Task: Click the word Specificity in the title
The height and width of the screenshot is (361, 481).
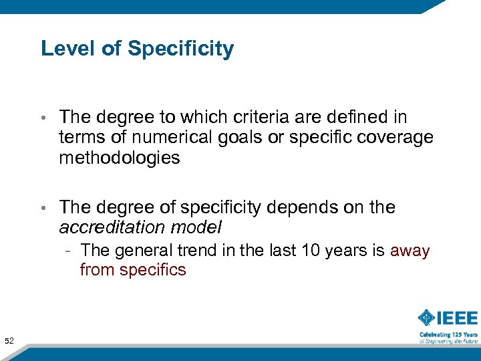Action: (x=181, y=49)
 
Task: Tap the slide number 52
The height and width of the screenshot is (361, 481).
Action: (x=9, y=342)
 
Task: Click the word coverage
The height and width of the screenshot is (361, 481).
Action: (x=396, y=138)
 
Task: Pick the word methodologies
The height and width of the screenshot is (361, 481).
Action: (x=120, y=158)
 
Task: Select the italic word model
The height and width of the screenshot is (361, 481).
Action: (x=196, y=227)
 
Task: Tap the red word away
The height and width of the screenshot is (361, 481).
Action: (x=410, y=251)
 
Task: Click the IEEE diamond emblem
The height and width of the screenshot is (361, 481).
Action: (x=427, y=318)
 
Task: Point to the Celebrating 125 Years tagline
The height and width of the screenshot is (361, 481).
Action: (x=448, y=334)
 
